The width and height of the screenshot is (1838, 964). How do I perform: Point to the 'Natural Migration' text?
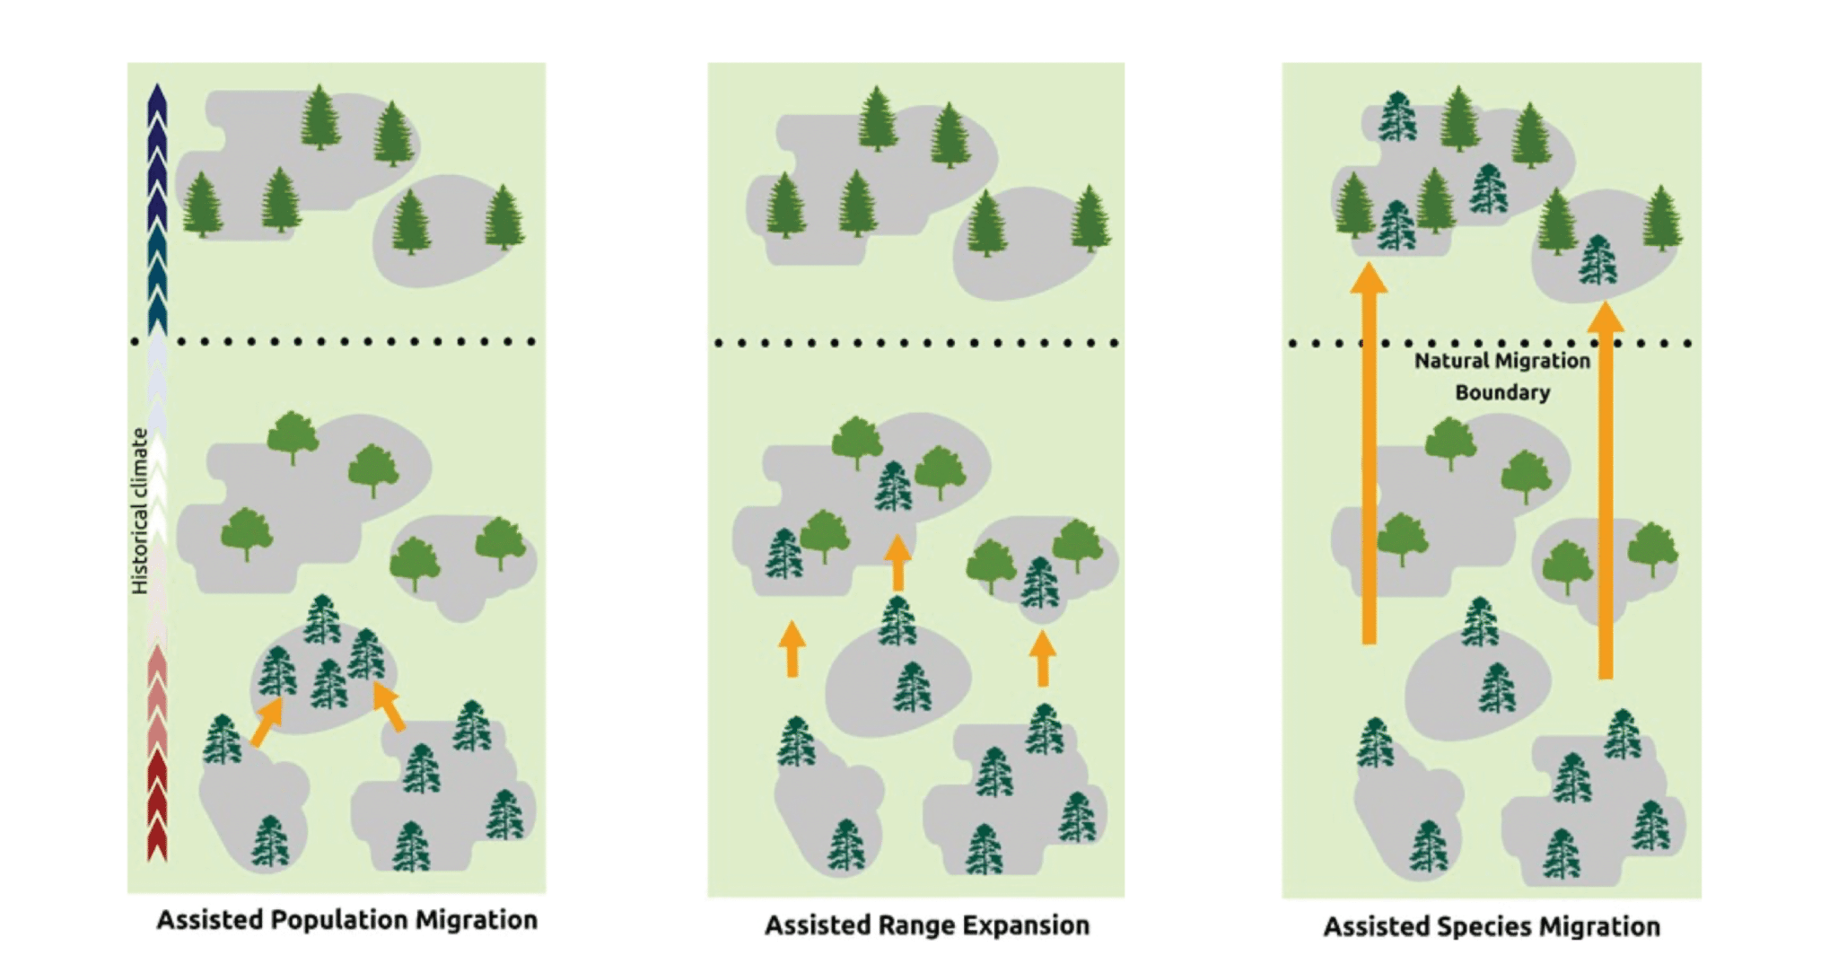coord(1501,361)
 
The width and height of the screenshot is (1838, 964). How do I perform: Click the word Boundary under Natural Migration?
coord(1501,392)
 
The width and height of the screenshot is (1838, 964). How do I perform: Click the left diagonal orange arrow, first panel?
coord(267,722)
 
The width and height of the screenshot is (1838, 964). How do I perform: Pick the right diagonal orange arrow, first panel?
coord(388,705)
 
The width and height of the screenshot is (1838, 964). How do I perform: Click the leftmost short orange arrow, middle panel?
coord(792,648)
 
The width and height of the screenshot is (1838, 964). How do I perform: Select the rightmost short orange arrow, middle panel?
coord(1042,658)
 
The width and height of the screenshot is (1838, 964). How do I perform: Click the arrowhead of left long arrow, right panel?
coord(1369,278)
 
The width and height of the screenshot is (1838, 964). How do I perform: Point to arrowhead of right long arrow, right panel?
coord(1606,317)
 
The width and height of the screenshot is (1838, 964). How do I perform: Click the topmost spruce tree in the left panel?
coord(319,117)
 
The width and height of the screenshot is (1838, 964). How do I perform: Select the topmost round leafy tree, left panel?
coord(293,435)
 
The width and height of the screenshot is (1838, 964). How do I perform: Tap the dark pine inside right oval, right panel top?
coord(1597,259)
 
